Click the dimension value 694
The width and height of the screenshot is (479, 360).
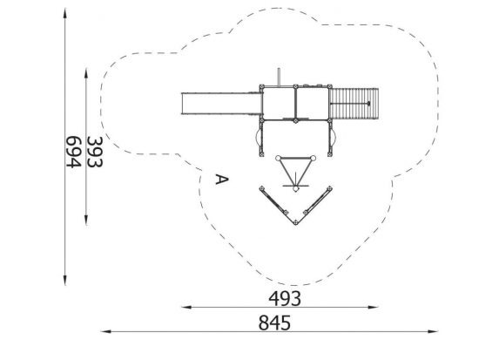(74, 152)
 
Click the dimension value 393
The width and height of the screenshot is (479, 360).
(95, 152)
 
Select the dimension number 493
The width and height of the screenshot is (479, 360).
(285, 299)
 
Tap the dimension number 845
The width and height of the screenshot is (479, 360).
(274, 323)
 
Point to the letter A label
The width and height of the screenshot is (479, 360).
(222, 180)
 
